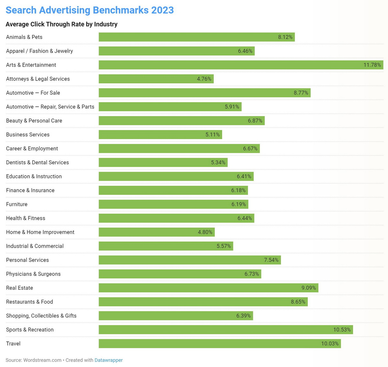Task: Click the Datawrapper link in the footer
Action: pos(108,360)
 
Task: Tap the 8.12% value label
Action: pos(285,37)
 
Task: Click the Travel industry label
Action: pos(13,343)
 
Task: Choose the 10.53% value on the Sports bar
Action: pos(342,330)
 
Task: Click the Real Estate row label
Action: pos(19,288)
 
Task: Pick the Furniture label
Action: pos(17,204)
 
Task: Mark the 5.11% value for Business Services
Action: pos(212,135)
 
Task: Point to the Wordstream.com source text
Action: pos(42,360)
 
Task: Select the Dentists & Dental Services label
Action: pos(38,162)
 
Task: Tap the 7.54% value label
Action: pos(271,260)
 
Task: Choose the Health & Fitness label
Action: pos(26,218)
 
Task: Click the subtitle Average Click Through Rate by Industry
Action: pos(61,24)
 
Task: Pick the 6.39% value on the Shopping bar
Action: pos(243,316)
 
